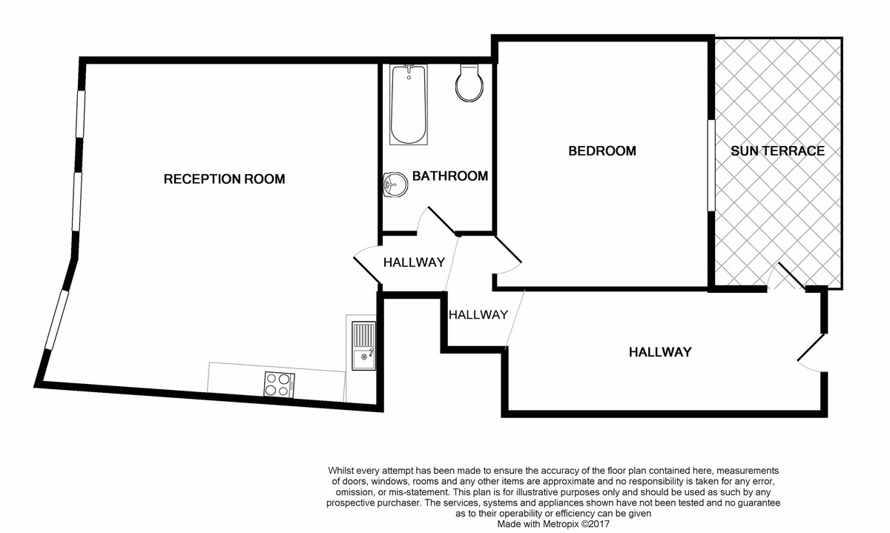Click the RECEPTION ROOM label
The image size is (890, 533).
click(224, 179)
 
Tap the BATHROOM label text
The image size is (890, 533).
click(449, 176)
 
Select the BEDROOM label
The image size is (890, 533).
click(601, 150)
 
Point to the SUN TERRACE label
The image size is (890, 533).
click(777, 150)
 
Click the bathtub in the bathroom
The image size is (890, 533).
click(408, 104)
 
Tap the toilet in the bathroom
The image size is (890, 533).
click(469, 82)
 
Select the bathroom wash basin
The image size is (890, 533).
click(395, 184)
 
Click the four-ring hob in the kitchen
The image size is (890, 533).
click(279, 384)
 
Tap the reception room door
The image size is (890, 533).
click(366, 264)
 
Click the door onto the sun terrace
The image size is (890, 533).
click(787, 277)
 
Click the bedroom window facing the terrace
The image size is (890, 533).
click(711, 165)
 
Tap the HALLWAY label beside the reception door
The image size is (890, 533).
click(414, 262)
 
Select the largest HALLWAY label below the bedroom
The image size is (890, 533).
click(660, 351)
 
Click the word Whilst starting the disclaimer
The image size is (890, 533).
click(343, 471)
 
